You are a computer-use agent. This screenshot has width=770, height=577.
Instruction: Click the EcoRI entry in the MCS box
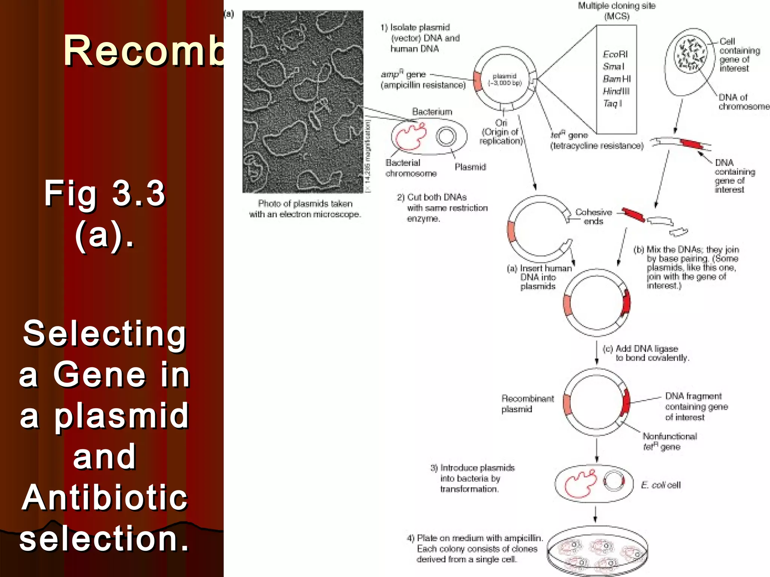pyautogui.click(x=615, y=54)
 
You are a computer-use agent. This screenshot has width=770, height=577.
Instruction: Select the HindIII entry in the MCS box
pyautogui.click(x=616, y=91)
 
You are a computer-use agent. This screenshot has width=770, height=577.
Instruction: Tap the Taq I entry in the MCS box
pyautogui.click(x=612, y=103)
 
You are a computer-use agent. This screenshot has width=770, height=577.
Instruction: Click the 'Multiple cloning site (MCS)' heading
pyautogui.click(x=617, y=11)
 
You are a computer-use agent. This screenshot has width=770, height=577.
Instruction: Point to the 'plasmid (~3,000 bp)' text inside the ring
pyautogui.click(x=505, y=79)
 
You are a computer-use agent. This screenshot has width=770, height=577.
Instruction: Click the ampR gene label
pyautogui.click(x=423, y=80)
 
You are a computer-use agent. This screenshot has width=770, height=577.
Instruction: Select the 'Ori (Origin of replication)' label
pyautogui.click(x=501, y=132)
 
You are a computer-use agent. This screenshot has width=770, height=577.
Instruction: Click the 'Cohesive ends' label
pyautogui.click(x=593, y=217)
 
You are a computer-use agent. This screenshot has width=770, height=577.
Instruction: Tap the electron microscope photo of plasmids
pyautogui.click(x=303, y=101)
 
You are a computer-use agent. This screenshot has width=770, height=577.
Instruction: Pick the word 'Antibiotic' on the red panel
pyautogui.click(x=105, y=497)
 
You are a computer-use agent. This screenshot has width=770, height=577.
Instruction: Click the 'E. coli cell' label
pyautogui.click(x=661, y=485)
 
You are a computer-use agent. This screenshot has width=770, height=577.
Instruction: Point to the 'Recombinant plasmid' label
pyautogui.click(x=527, y=403)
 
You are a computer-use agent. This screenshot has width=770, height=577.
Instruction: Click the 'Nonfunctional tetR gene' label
pyautogui.click(x=669, y=441)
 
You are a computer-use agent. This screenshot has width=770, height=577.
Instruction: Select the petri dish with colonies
pyautogui.click(x=597, y=552)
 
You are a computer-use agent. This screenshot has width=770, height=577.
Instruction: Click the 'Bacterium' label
pyautogui.click(x=432, y=112)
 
